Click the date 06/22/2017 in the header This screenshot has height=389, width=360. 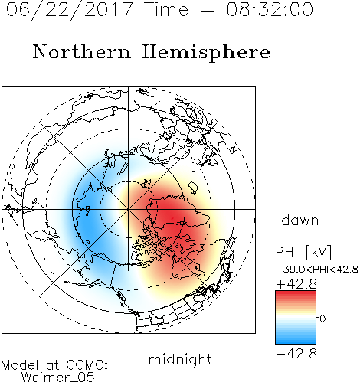point(70,10)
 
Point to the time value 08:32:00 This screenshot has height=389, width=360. point(270,10)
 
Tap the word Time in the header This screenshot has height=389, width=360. point(166,10)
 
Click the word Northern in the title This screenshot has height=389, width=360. point(81,51)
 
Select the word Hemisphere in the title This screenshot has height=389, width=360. point(206,53)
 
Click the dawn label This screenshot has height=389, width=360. point(300,220)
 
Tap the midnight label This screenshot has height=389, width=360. point(180,360)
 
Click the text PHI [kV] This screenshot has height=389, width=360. point(303,252)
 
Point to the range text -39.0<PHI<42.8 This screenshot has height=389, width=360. point(317,270)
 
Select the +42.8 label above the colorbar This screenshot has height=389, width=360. point(296,284)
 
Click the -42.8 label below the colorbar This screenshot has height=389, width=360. point(296,354)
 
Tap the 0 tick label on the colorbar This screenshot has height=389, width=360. point(322,319)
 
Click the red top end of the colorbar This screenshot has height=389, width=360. point(296,293)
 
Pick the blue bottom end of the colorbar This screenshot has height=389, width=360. point(296,342)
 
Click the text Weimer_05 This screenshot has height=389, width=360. point(58,378)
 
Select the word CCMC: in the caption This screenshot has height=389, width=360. point(87,365)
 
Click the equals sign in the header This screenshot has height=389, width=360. point(208,10)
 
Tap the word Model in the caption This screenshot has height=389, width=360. point(20,365)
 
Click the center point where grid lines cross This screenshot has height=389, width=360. point(129,209)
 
